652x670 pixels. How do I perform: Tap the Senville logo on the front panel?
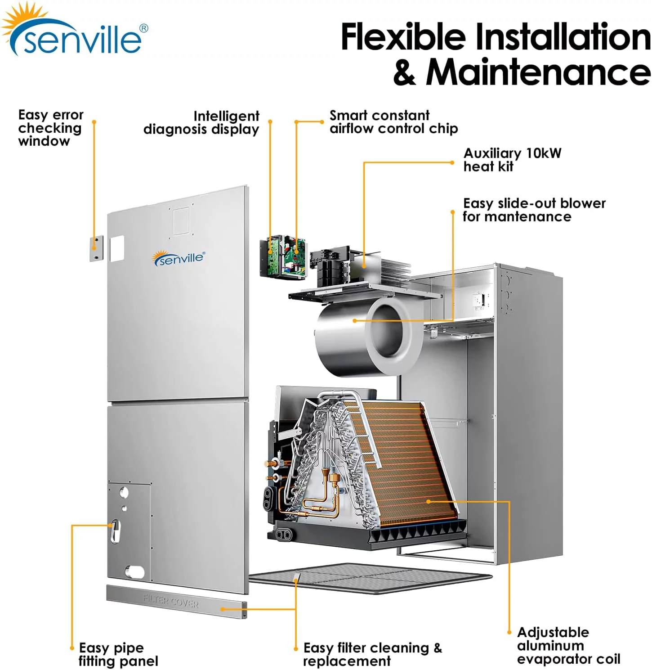point(179,259)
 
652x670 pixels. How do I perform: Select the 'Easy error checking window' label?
point(50,128)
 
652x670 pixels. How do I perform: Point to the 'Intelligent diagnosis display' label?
point(201,123)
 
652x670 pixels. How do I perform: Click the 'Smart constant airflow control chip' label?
point(393,122)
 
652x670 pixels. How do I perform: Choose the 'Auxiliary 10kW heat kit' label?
point(512,160)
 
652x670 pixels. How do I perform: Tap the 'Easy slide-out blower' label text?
point(534,210)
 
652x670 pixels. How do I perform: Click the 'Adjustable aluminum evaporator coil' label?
point(568,646)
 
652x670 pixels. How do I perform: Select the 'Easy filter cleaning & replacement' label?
point(372,654)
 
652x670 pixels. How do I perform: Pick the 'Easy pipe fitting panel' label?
point(118,654)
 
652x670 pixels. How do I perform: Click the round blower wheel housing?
point(364,335)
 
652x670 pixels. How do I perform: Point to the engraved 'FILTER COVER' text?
point(171,601)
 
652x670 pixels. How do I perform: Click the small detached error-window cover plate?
point(96,248)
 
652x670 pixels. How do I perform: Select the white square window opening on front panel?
point(116,248)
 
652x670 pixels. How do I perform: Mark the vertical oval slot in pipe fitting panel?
point(114,531)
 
